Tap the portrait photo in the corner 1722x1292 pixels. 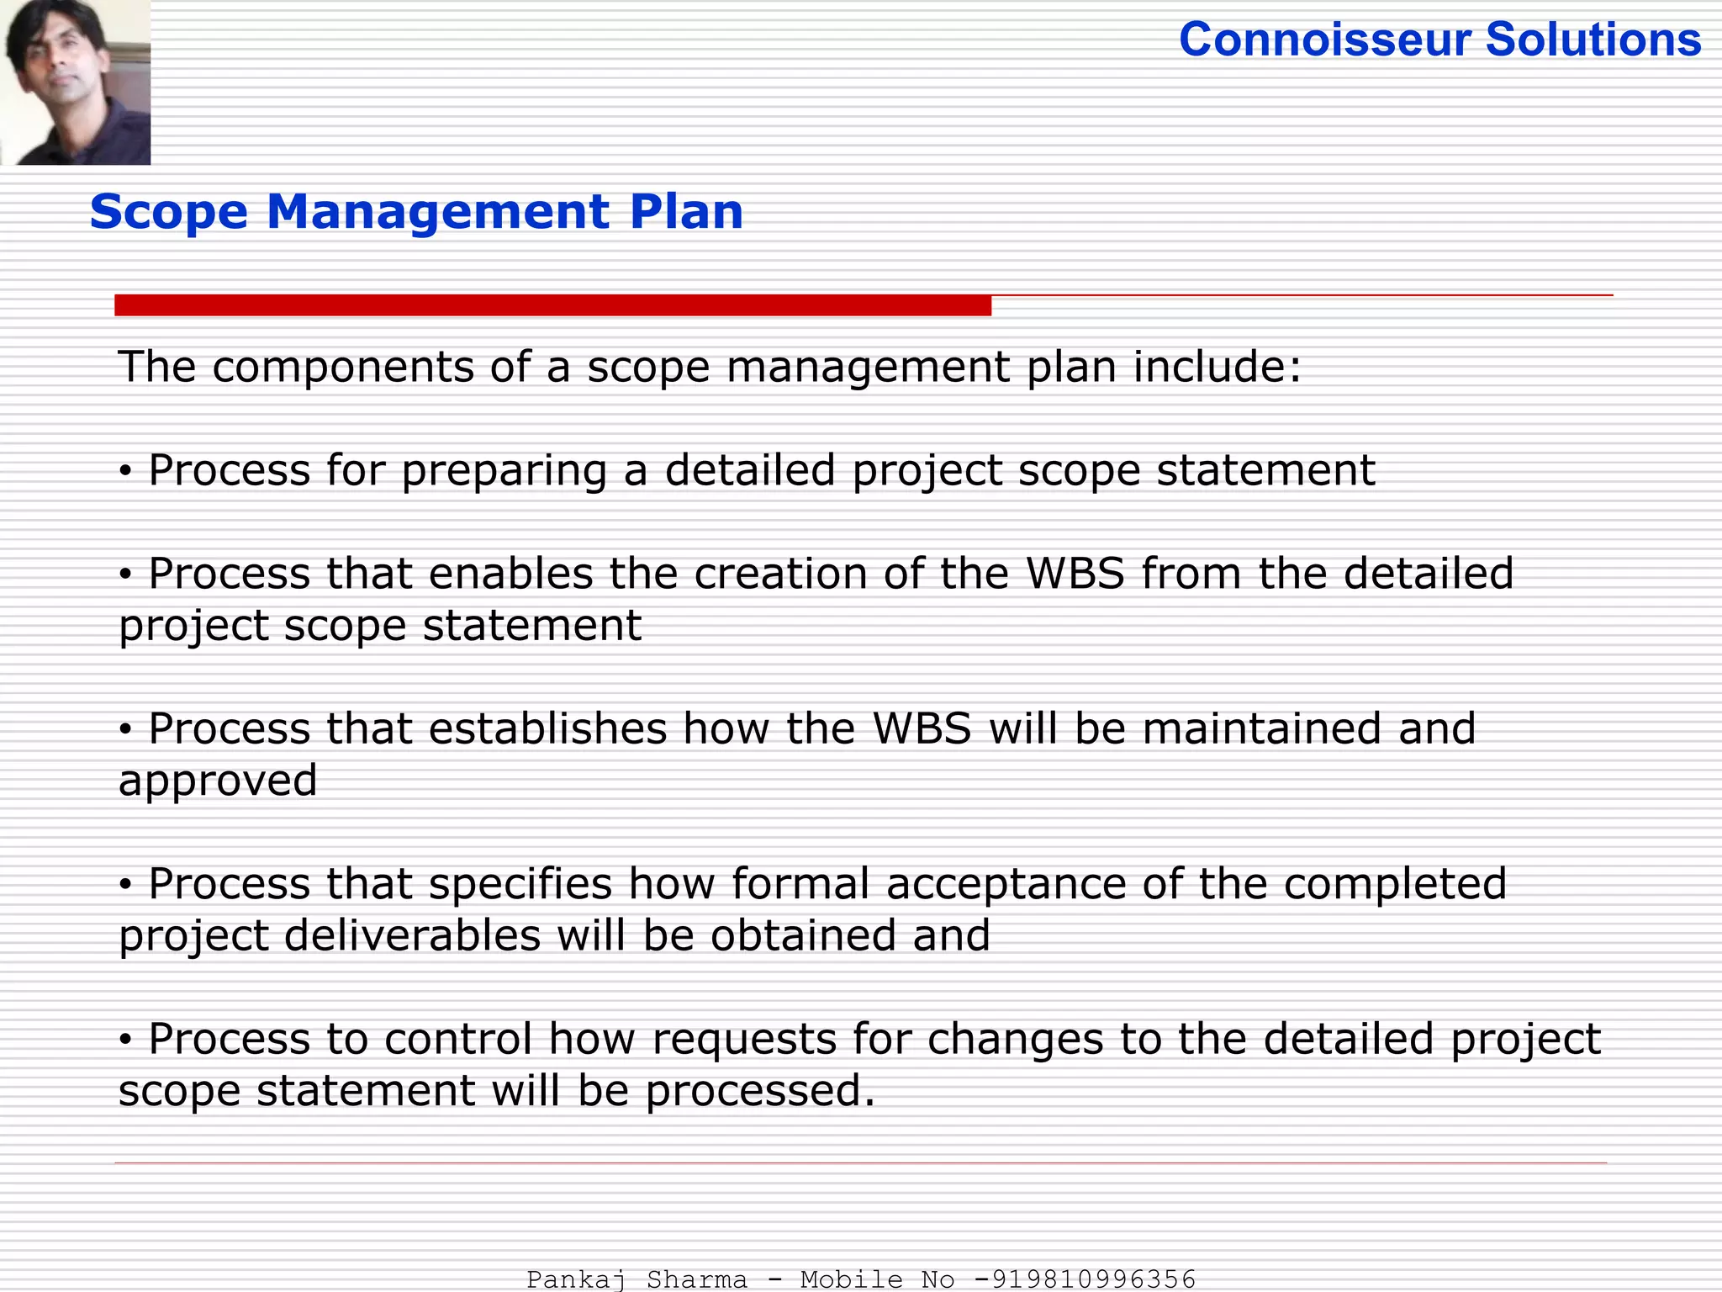coord(76,82)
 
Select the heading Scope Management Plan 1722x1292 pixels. coord(416,211)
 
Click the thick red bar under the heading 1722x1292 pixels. coord(552,305)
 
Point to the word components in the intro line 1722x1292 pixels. coord(343,367)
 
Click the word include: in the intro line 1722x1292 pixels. coord(1218,367)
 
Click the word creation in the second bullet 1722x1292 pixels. coord(780,574)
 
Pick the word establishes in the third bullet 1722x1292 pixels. coord(547,728)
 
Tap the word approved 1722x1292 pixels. coord(218,781)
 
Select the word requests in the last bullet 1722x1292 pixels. coord(744,1040)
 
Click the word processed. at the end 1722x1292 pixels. coord(760,1092)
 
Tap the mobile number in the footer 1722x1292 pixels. coord(1085,1279)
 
